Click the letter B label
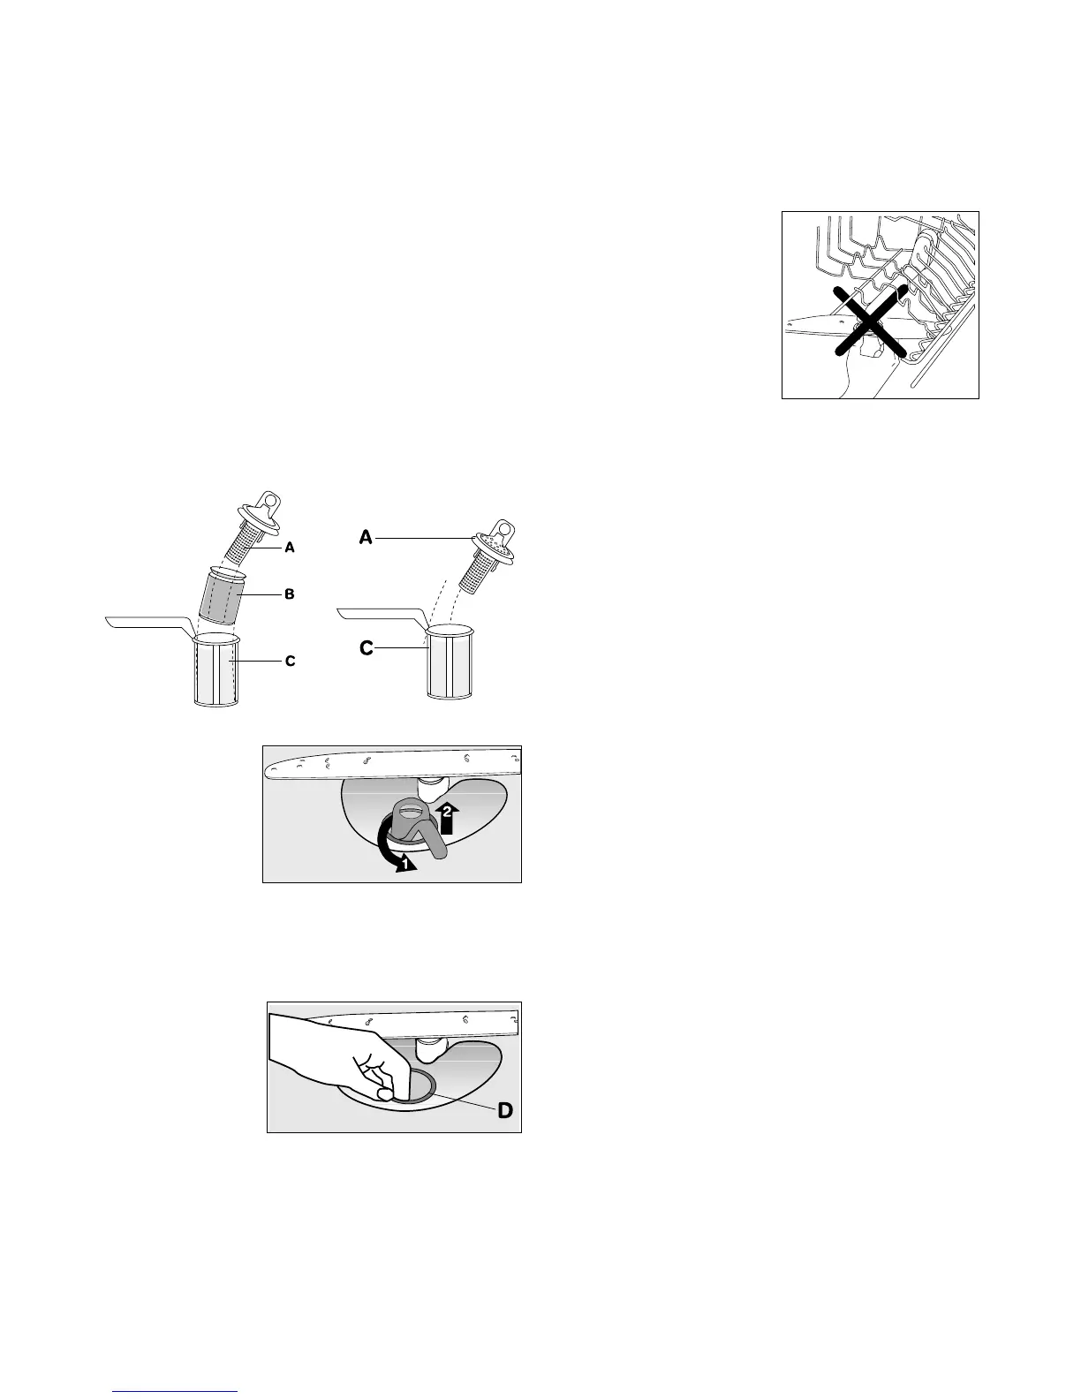tap(288, 594)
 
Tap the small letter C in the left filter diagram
tap(290, 661)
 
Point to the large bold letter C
tap(366, 649)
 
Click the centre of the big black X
tap(870, 321)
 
